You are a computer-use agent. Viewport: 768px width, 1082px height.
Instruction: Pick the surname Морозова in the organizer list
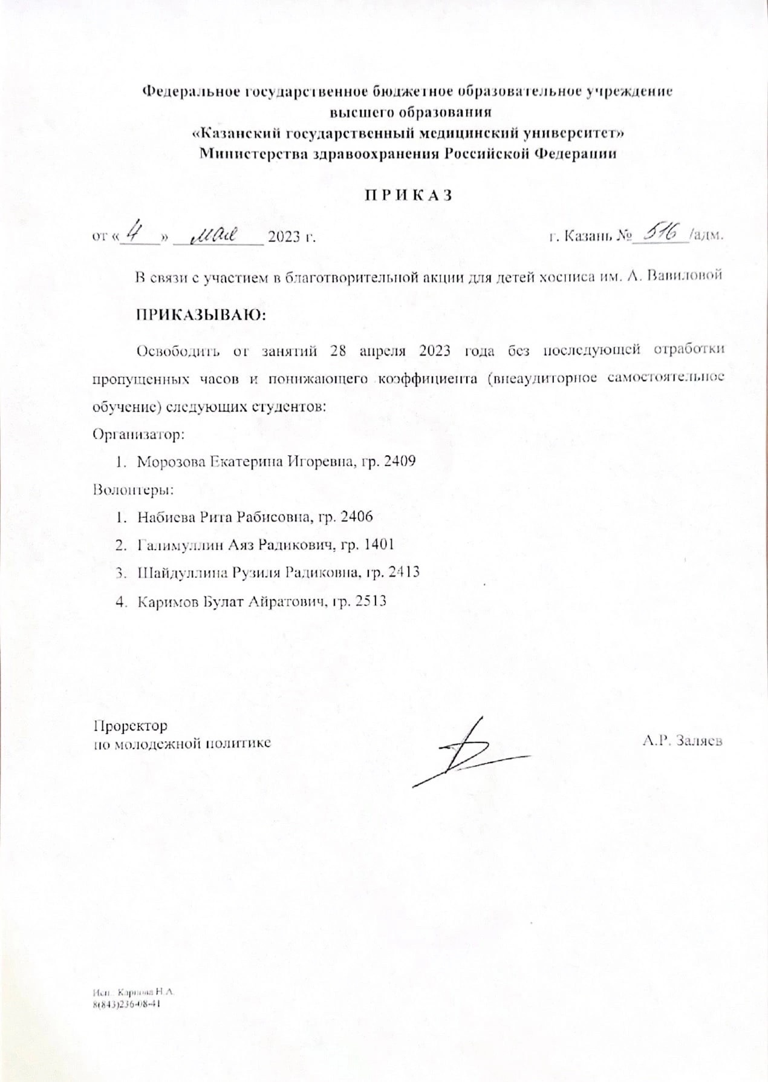pyautogui.click(x=172, y=462)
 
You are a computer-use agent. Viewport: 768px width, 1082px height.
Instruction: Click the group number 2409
pyautogui.click(x=399, y=462)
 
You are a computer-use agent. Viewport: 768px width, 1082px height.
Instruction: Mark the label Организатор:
pyautogui.click(x=138, y=434)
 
